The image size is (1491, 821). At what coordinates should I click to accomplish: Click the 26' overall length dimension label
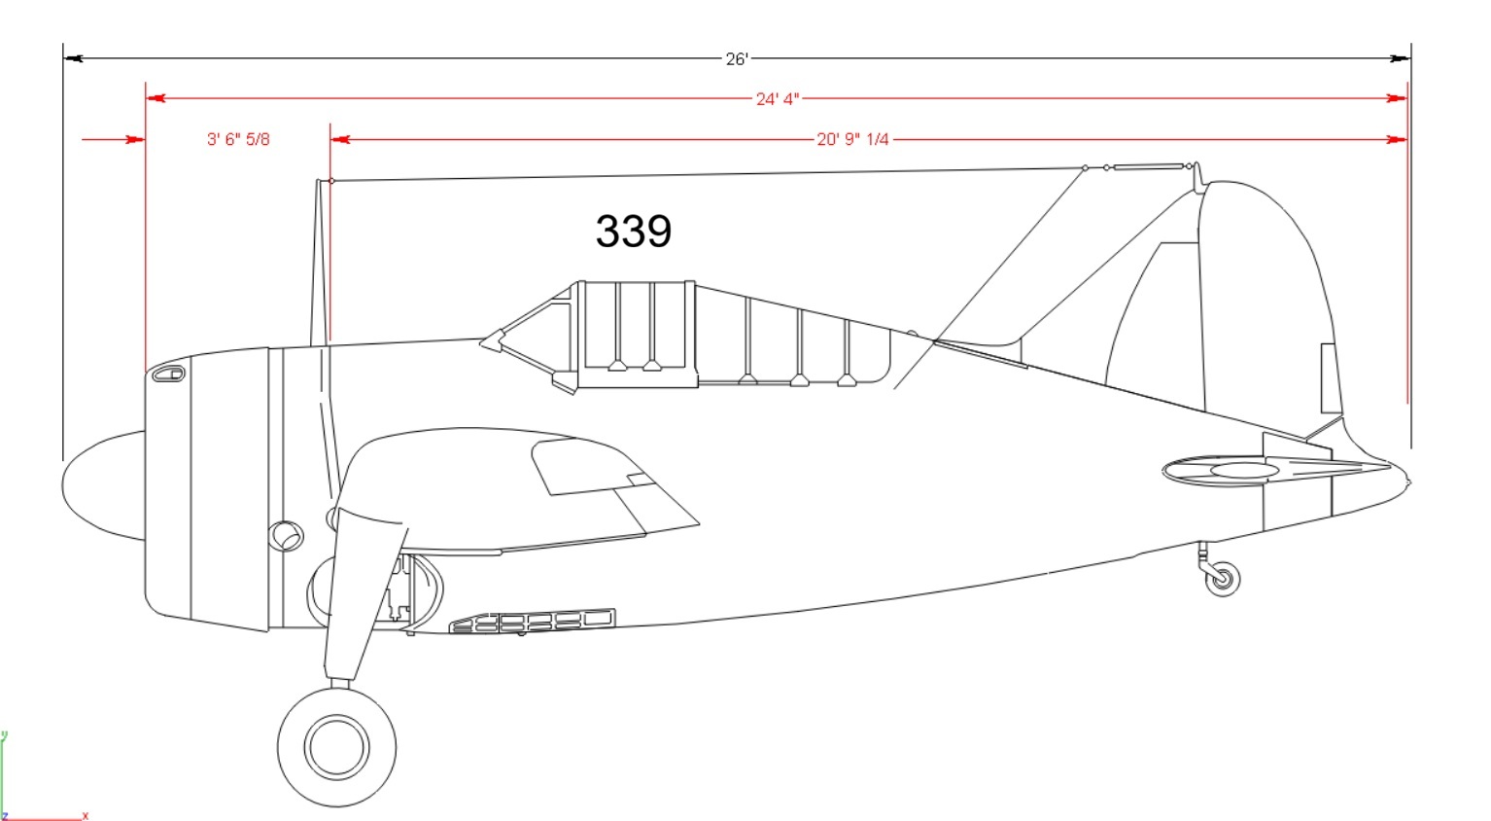point(737,59)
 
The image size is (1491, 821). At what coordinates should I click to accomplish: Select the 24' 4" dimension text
point(777,99)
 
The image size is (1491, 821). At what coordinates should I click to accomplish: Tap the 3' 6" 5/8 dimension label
point(238,139)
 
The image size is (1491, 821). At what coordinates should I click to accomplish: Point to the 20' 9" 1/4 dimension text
point(852,139)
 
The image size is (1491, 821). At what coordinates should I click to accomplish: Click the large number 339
point(634,232)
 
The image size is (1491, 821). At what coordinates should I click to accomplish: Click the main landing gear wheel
point(337,747)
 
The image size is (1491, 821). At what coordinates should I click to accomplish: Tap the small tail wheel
point(1223,579)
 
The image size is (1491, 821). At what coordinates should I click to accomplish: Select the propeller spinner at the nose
point(103,485)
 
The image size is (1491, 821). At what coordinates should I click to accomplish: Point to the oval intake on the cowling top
point(168,374)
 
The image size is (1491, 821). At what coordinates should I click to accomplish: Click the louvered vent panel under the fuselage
point(533,621)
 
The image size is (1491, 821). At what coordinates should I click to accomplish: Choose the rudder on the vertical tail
point(1271,300)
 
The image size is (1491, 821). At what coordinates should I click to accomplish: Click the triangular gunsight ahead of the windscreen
point(492,341)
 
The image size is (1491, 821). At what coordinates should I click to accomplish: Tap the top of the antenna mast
point(318,181)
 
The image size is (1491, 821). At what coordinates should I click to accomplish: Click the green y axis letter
point(4,735)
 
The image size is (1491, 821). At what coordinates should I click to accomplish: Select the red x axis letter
point(86,816)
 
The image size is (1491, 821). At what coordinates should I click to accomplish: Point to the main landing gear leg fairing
point(364,594)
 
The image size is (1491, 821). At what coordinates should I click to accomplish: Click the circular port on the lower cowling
point(286,536)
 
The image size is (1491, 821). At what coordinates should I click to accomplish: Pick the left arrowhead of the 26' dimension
point(73,58)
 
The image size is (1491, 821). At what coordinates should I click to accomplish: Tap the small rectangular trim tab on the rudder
point(1329,378)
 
